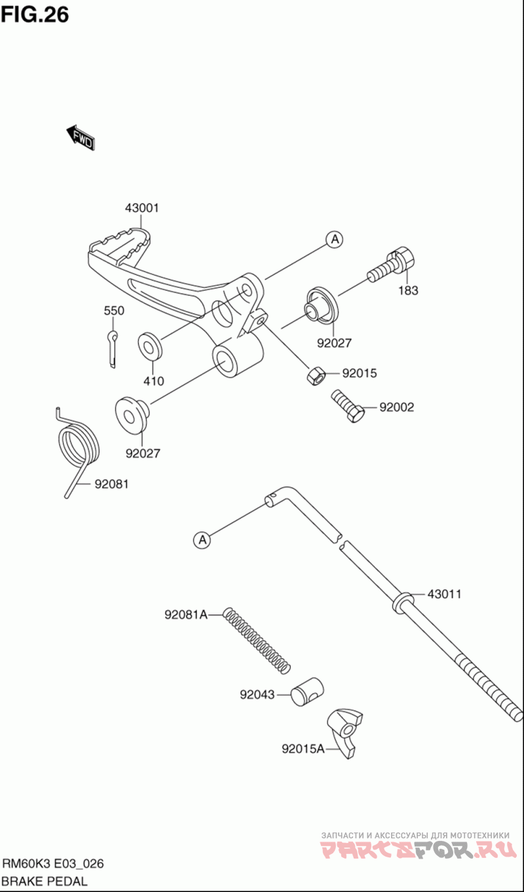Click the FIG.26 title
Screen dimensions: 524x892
point(35,15)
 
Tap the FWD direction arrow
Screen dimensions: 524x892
point(81,137)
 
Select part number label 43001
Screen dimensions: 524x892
point(142,208)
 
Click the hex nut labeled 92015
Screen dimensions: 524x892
point(316,376)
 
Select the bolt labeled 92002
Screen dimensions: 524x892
point(348,405)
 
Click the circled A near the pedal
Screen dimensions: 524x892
point(335,239)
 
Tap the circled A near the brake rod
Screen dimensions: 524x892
point(202,540)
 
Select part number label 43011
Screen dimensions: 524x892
point(444,594)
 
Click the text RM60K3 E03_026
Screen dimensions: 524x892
point(53,864)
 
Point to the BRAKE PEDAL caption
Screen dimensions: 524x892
point(45,882)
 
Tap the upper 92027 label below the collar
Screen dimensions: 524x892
point(334,343)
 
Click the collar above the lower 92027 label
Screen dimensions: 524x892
point(132,414)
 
